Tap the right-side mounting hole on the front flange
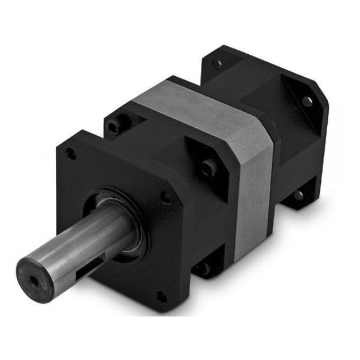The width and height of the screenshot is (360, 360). (166, 197)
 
